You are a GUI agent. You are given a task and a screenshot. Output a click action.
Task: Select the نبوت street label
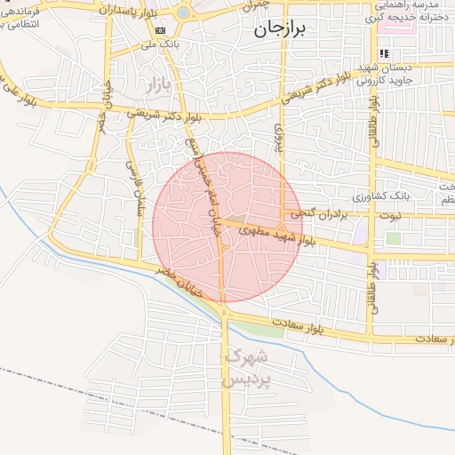click(x=417, y=215)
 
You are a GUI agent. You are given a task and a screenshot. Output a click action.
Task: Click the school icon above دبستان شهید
click(x=384, y=54)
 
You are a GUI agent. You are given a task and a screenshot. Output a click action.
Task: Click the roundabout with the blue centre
click(x=184, y=12)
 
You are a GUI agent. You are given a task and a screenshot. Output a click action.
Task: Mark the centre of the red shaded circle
click(x=227, y=227)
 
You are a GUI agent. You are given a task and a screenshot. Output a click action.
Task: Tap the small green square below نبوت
click(x=393, y=238)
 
